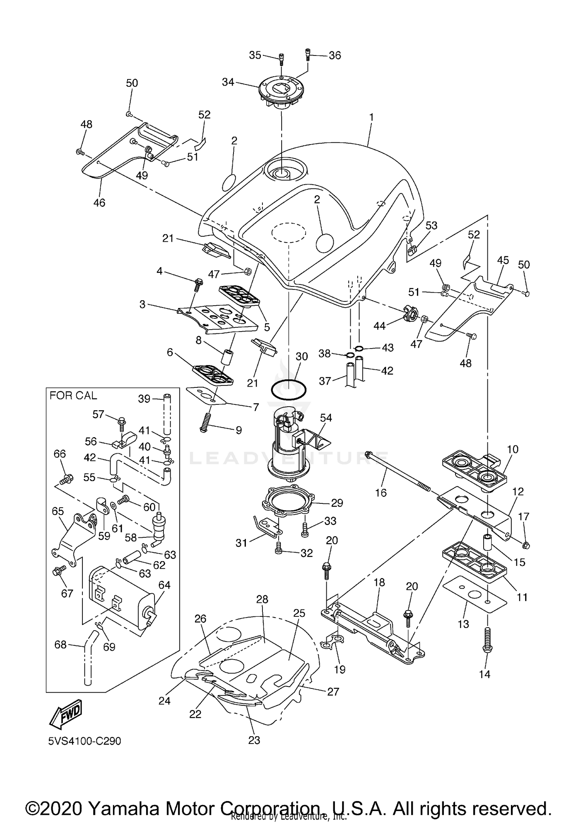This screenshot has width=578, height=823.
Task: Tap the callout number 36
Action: pyautogui.click(x=334, y=56)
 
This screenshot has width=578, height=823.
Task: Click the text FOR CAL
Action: pyautogui.click(x=73, y=396)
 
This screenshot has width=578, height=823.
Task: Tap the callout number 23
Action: pyautogui.click(x=254, y=740)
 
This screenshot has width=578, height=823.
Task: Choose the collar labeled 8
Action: pyautogui.click(x=228, y=356)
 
